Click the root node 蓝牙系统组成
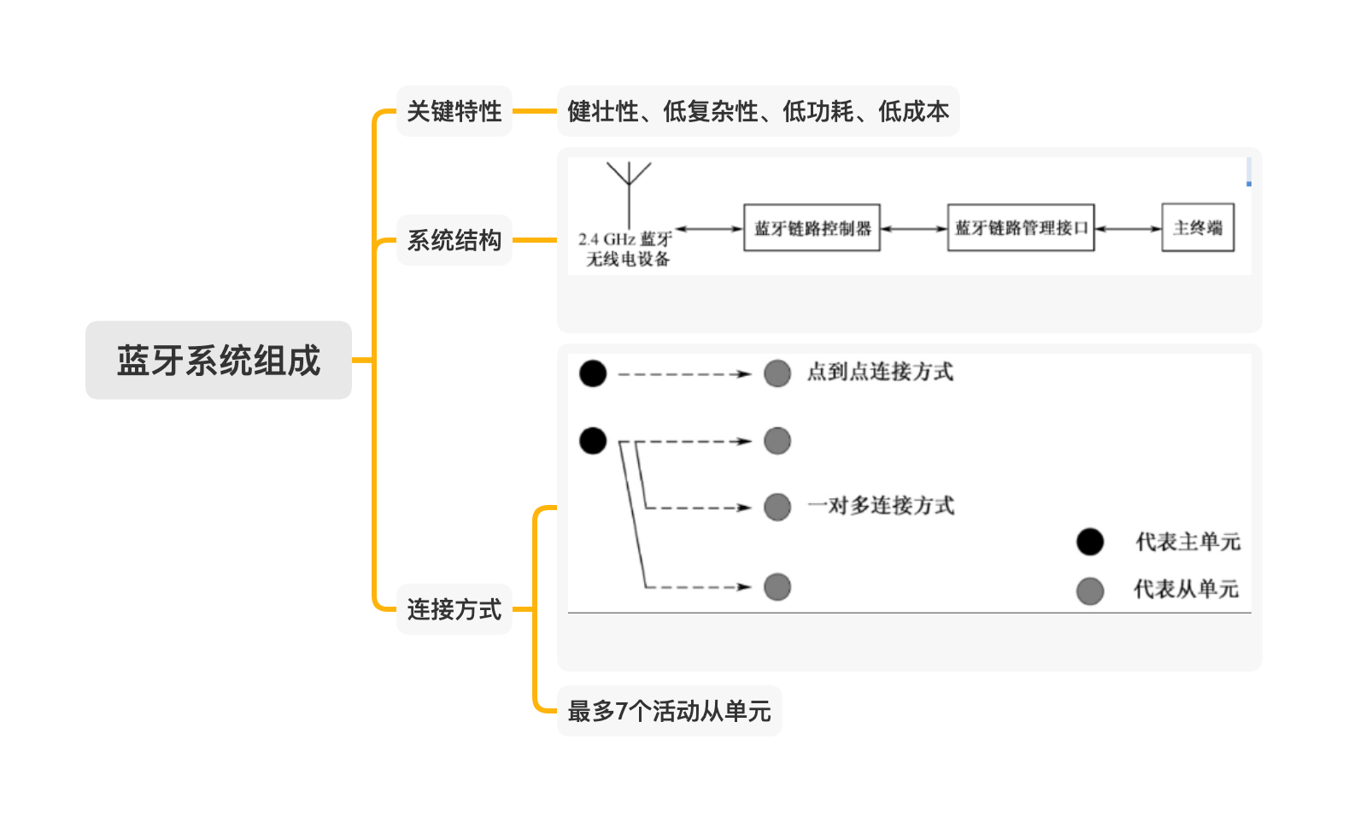pyautogui.click(x=219, y=360)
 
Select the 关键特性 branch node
pyautogui.click(x=454, y=111)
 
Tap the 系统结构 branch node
pyautogui.click(x=454, y=240)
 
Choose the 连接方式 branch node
pyautogui.click(x=454, y=609)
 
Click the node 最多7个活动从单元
pyautogui.click(x=669, y=711)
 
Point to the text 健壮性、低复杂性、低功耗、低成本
pyautogui.click(x=758, y=111)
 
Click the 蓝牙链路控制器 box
pyautogui.click(x=812, y=227)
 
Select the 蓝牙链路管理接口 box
pyautogui.click(x=1021, y=227)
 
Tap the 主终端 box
pyautogui.click(x=1198, y=227)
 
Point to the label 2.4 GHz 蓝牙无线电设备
pyautogui.click(x=626, y=249)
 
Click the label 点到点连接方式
pyautogui.click(x=880, y=372)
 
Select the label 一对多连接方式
pyautogui.click(x=881, y=506)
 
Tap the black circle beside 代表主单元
pyautogui.click(x=1090, y=542)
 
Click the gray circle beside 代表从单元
pyautogui.click(x=1090, y=590)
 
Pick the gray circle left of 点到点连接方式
pyautogui.click(x=777, y=373)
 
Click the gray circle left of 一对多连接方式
pyautogui.click(x=777, y=507)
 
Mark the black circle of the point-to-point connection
pyautogui.click(x=593, y=373)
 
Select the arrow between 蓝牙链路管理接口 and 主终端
pyautogui.click(x=1128, y=228)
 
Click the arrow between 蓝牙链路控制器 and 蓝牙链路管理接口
pyautogui.click(x=914, y=228)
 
